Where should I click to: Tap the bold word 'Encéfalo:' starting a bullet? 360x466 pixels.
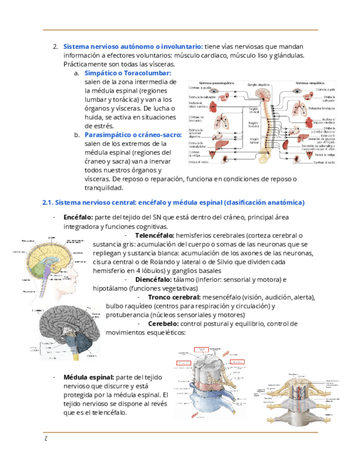78,218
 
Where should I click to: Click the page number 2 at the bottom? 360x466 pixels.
46,439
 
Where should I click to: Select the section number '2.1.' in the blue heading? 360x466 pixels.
48,203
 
